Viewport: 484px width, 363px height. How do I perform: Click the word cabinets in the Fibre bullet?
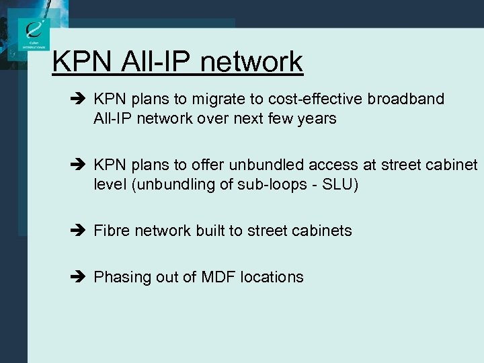point(321,231)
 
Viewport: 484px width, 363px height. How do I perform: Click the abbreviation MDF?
point(218,277)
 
